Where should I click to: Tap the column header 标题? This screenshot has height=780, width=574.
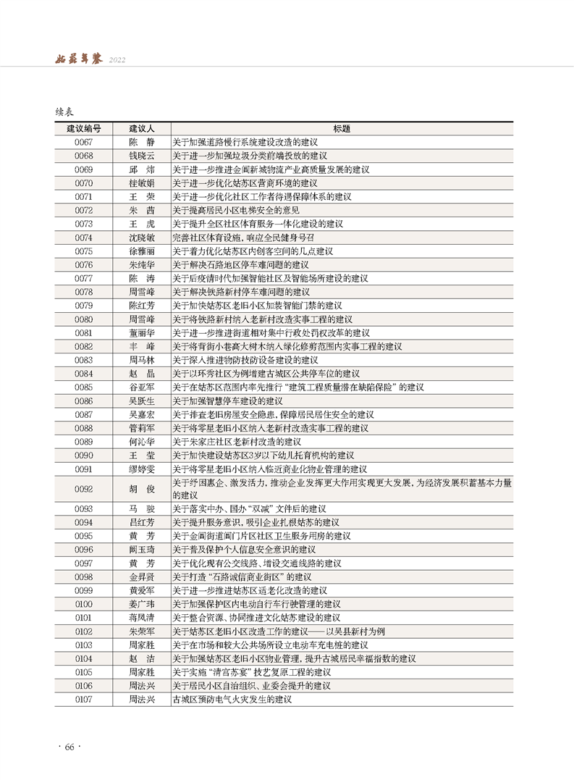coord(342,128)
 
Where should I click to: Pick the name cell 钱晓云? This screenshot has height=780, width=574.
coord(142,156)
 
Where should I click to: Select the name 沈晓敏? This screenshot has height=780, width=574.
coord(142,238)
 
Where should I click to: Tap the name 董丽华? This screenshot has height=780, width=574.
coord(142,333)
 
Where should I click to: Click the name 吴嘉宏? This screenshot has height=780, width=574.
coord(142,415)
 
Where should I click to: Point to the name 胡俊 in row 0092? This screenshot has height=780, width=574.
coord(142,489)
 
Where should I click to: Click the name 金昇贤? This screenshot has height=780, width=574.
coord(142,577)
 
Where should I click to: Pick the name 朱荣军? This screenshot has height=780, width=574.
coord(142,632)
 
